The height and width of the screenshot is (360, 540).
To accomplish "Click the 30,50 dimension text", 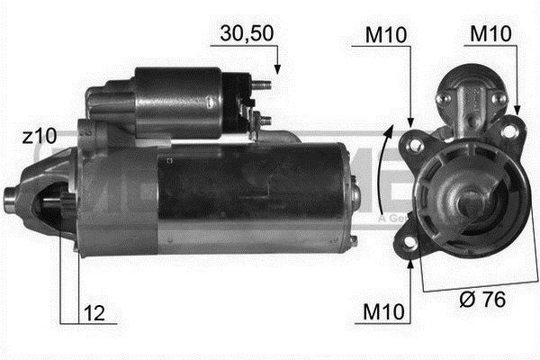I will [x=241, y=35].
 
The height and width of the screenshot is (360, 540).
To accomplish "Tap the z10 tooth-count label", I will [x=40, y=137].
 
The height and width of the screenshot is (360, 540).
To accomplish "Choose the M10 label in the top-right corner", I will [x=492, y=35].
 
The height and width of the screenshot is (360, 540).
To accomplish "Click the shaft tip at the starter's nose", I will [x=12, y=194].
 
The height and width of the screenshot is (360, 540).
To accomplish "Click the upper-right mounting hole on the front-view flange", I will [x=510, y=132].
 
